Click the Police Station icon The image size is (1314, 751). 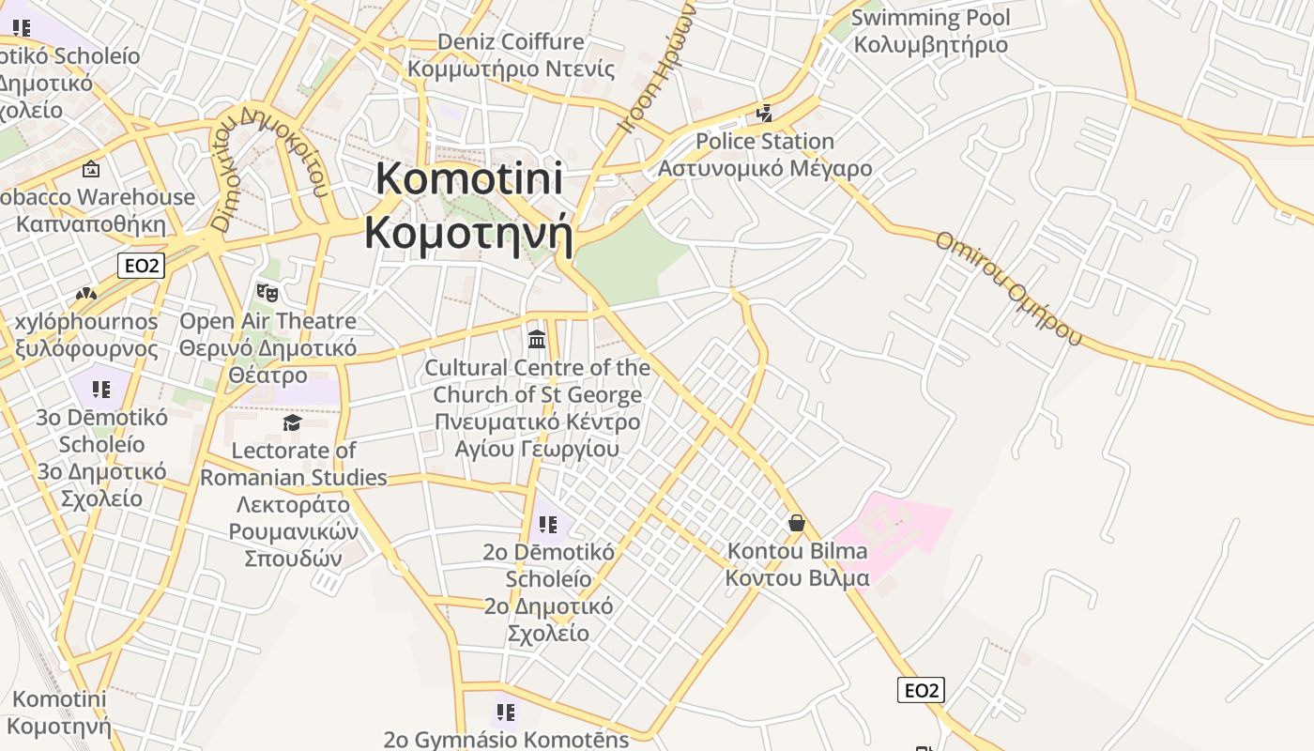(x=765, y=114)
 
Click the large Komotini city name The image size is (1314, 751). (x=468, y=206)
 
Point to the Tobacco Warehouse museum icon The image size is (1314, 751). (x=91, y=169)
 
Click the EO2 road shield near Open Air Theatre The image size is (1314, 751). (x=142, y=266)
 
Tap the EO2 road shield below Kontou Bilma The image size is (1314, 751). (x=921, y=691)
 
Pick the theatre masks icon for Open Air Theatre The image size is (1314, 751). (x=267, y=292)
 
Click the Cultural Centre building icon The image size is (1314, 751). (x=537, y=338)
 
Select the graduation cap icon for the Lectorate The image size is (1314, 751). (x=292, y=422)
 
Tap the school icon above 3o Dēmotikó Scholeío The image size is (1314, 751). (x=101, y=389)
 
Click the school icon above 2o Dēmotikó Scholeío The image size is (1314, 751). (x=548, y=524)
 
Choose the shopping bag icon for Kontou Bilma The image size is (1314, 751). (x=797, y=523)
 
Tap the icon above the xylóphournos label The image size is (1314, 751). (x=86, y=294)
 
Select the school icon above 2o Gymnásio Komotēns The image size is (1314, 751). (x=506, y=712)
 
